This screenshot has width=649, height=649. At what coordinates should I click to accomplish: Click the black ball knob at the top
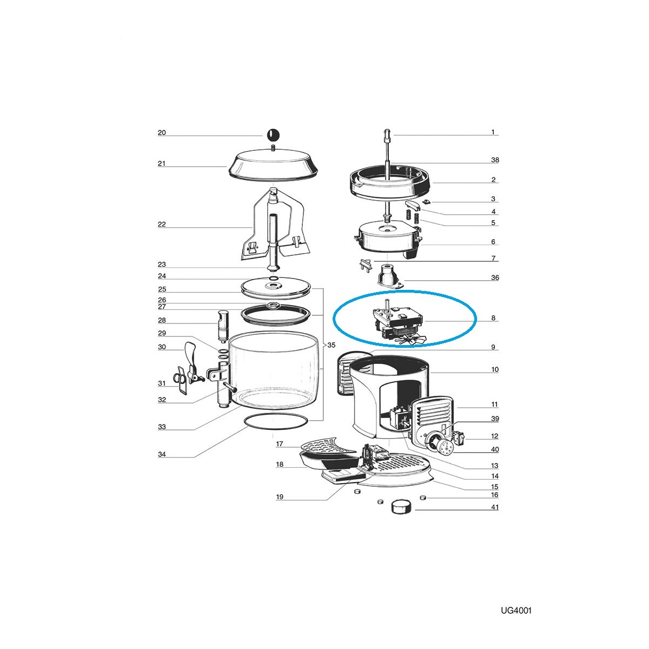pyautogui.click(x=273, y=135)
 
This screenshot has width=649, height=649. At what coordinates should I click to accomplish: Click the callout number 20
pyautogui.click(x=162, y=133)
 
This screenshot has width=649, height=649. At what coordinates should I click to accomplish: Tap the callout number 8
pyautogui.click(x=493, y=318)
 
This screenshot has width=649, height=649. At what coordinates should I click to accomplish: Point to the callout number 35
pyautogui.click(x=332, y=345)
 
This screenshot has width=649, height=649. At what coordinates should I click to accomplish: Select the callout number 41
pyautogui.click(x=494, y=516)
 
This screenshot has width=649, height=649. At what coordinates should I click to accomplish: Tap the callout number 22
pyautogui.click(x=162, y=224)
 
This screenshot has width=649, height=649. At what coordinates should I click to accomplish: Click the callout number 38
pyautogui.click(x=494, y=160)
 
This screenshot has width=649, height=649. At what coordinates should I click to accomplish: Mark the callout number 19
pyautogui.click(x=280, y=497)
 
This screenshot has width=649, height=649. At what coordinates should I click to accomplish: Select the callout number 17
pyautogui.click(x=280, y=443)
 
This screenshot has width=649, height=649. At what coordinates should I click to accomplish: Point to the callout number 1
pyautogui.click(x=493, y=132)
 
